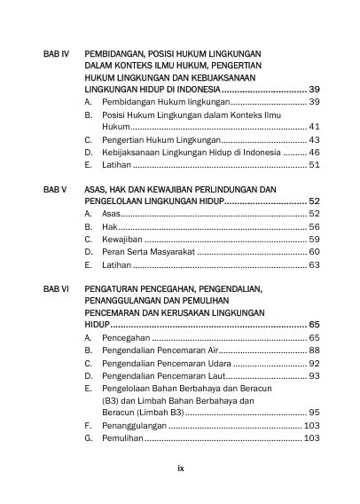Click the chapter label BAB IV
[57, 54]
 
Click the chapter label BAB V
[55, 190]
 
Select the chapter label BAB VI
[56, 289]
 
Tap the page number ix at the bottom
[179, 463]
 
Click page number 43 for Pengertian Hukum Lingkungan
[314, 140]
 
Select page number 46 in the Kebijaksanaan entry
[314, 153]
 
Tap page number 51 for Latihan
[314, 165]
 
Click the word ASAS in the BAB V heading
[98, 190]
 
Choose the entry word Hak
[108, 227]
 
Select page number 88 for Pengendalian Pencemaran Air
[314, 351]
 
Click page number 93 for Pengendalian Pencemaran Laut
[314, 376]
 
